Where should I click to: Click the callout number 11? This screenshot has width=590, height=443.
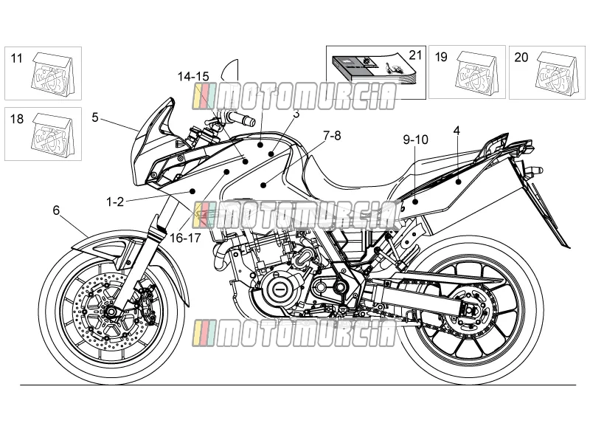point(16,58)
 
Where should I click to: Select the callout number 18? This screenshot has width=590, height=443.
point(16,119)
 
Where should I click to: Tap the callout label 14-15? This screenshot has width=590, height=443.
point(193,77)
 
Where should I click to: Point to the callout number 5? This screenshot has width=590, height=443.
point(95,117)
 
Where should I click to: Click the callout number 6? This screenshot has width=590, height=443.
point(56,210)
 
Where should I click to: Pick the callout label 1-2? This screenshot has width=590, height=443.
point(115,202)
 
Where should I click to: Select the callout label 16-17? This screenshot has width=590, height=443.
point(185,238)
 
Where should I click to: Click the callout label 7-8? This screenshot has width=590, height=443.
point(332,135)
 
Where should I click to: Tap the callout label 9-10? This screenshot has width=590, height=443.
point(415,140)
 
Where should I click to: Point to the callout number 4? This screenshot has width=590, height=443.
point(457,131)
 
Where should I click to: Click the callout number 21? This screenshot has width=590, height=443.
point(415,55)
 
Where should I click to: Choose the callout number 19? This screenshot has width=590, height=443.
point(441,58)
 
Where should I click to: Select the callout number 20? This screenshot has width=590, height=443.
point(521,58)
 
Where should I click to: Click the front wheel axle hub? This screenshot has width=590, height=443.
point(111,312)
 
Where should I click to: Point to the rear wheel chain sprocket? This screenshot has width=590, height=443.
point(469,312)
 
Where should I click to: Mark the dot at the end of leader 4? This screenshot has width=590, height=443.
point(458,182)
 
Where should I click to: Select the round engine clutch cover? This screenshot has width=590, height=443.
point(280,289)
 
